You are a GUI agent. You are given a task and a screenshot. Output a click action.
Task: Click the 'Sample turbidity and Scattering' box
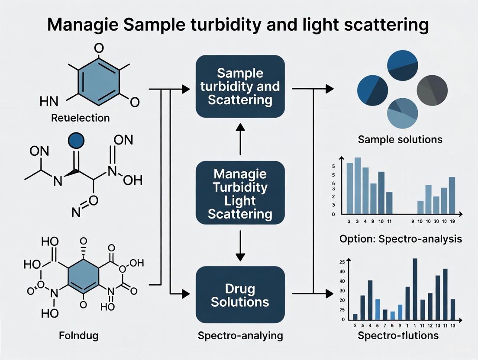(240, 87)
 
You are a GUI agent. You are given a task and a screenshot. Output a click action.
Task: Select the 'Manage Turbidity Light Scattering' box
(240, 192)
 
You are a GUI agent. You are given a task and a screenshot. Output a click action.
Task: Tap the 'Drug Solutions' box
(240, 295)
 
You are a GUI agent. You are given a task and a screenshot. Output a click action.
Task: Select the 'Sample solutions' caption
(400, 139)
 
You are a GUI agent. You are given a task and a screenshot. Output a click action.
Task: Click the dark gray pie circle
(432, 90)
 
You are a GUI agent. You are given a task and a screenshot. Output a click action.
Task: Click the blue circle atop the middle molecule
(76, 141)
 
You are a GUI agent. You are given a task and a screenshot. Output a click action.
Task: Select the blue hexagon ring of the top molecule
(99, 78)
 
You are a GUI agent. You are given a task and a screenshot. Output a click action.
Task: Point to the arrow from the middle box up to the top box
(240, 138)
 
